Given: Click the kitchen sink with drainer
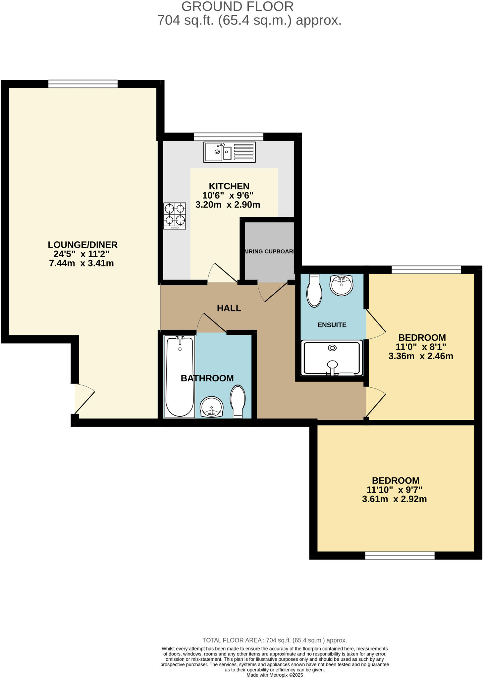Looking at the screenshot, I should tap(229, 152).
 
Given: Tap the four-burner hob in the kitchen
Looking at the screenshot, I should tap(175, 216).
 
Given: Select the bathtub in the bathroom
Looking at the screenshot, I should tap(180, 377).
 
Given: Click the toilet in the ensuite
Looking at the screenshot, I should tap(314, 290).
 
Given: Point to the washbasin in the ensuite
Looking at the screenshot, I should tap(342, 285).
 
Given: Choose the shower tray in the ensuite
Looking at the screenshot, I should tap(332, 359).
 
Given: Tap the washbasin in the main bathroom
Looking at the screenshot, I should tap(212, 407).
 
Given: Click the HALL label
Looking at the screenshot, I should tap(229, 308).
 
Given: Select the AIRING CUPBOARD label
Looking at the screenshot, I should tap(269, 251).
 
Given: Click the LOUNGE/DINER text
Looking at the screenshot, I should tap(82, 245).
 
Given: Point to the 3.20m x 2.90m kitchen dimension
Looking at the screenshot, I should tap(228, 205).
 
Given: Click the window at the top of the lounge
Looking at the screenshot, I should tap(83, 84).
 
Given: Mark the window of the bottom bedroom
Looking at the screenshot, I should tap(400, 555).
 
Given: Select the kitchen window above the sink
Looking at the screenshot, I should tap(229, 136).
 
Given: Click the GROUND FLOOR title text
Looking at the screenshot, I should tap(237, 7).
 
